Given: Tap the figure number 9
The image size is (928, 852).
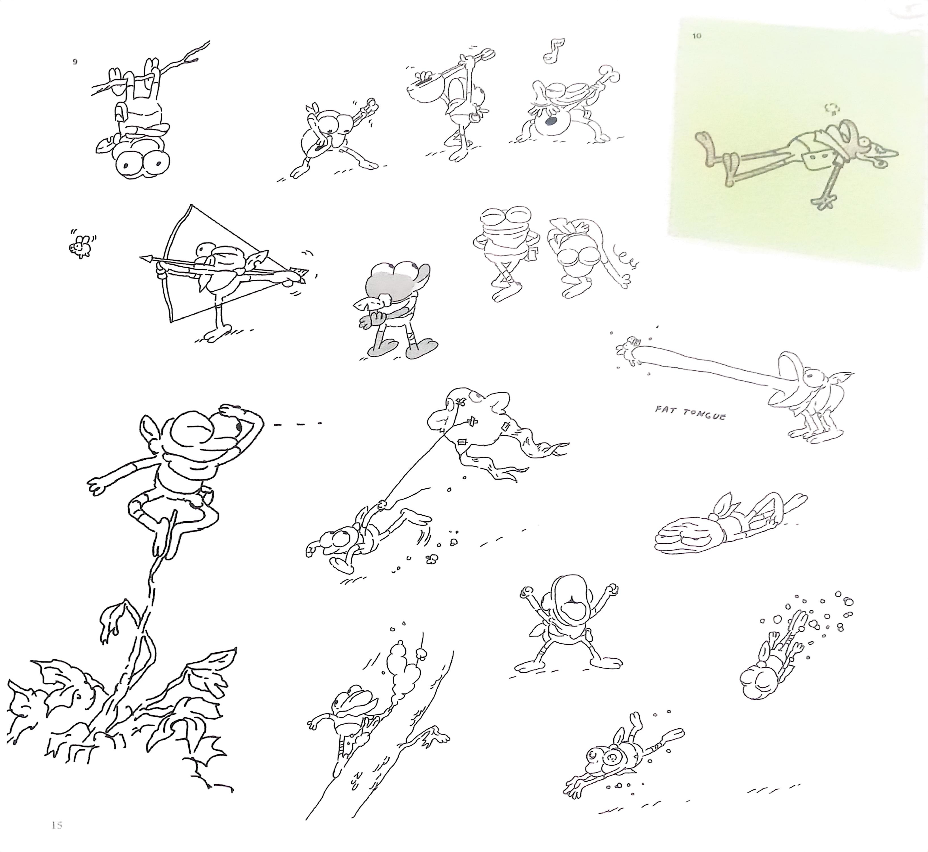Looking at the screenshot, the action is [75, 62].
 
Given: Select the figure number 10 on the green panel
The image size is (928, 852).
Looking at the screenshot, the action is [697, 35].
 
